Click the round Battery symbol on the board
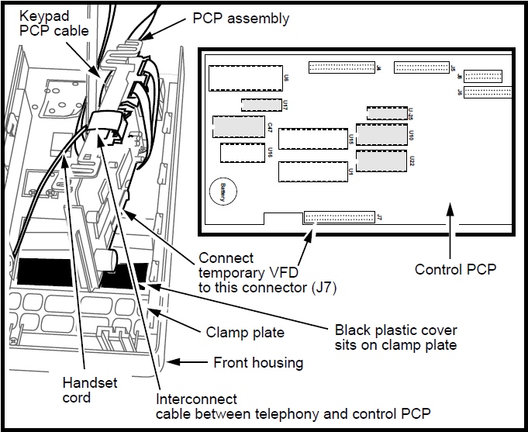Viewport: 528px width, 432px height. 221,192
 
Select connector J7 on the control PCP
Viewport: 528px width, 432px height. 339,217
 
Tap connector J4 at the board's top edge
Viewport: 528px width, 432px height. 340,68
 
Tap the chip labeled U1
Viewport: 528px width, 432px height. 312,171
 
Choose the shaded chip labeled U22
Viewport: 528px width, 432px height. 381,162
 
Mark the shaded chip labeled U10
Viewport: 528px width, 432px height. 381,135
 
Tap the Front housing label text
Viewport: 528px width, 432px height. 257,362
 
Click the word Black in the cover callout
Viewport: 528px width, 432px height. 353,329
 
